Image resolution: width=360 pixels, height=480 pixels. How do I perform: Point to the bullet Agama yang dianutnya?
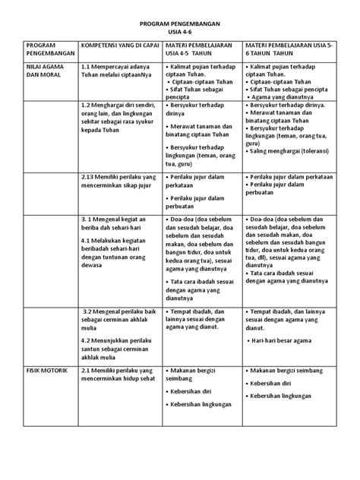point(281,106)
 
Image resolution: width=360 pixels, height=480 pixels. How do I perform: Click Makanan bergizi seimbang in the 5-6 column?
point(289,369)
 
